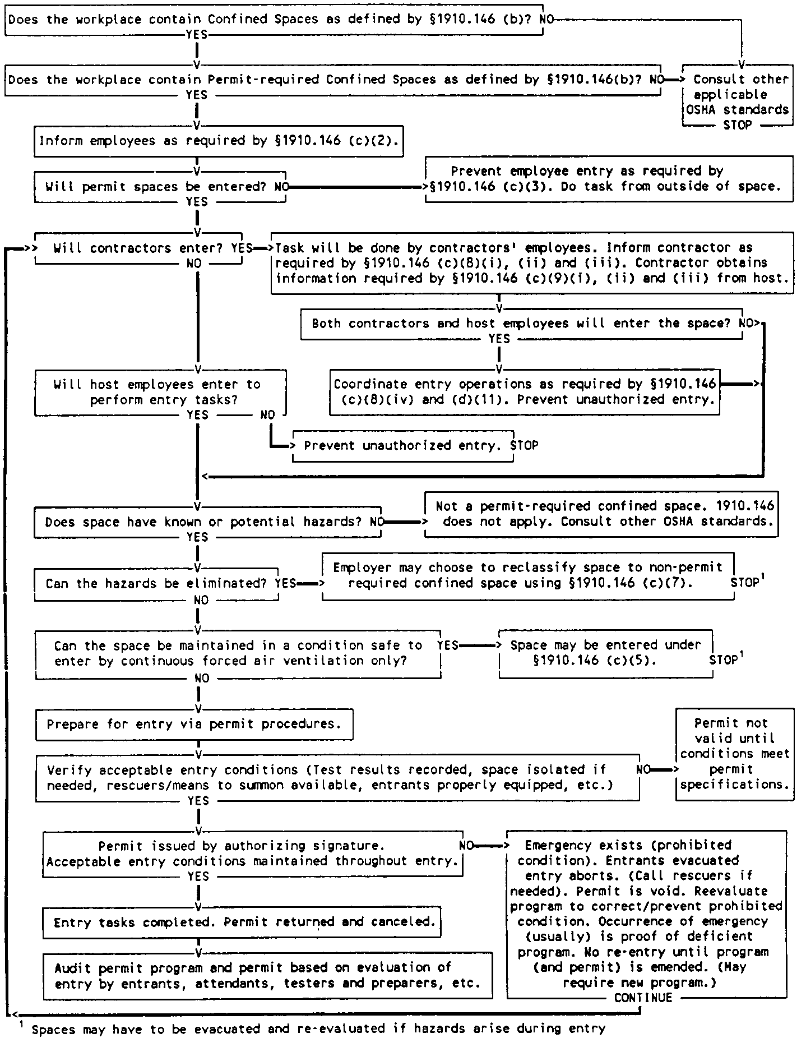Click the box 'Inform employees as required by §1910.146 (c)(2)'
click(x=219, y=141)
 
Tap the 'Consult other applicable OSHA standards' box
click(x=738, y=95)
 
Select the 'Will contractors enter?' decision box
click(x=139, y=248)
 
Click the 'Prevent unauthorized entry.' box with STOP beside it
click(x=402, y=446)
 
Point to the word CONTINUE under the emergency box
click(x=643, y=998)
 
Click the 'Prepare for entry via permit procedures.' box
click(x=194, y=724)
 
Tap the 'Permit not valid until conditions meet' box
click(x=734, y=754)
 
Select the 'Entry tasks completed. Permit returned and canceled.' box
click(x=242, y=922)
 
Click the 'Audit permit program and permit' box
click(x=268, y=975)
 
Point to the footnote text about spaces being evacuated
click(x=318, y=1029)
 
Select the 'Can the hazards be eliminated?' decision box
click(x=156, y=584)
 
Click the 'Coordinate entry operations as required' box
click(x=524, y=391)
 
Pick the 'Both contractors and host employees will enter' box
click(x=521, y=324)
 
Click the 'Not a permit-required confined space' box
click(x=601, y=514)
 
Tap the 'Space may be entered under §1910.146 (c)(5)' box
click(x=605, y=653)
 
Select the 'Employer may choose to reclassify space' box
click(x=527, y=575)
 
